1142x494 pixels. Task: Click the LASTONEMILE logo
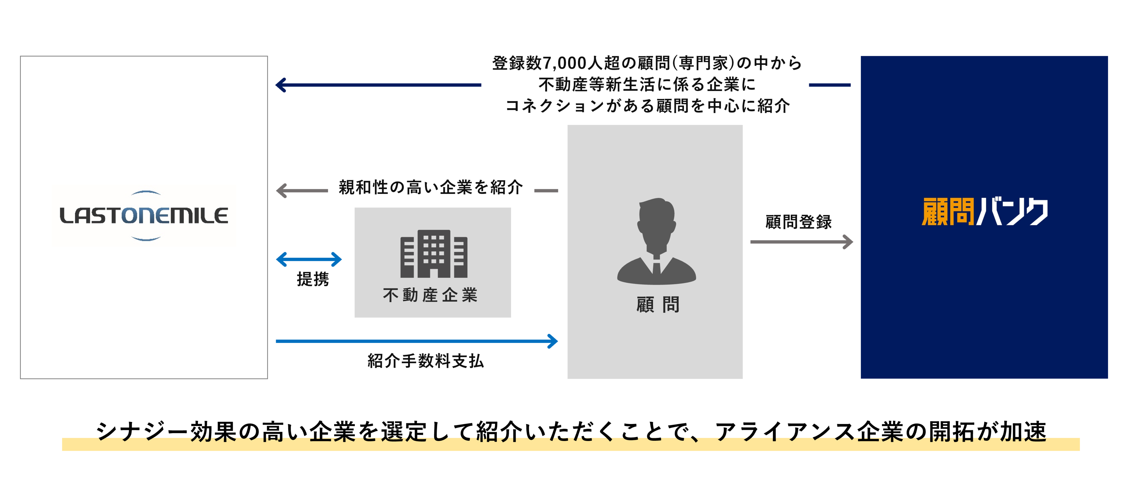click(x=144, y=216)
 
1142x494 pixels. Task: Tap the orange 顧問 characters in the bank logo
click(x=947, y=212)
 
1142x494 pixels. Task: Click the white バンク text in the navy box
click(x=1012, y=212)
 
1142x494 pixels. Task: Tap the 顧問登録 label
click(x=799, y=222)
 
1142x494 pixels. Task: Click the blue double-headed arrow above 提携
click(x=309, y=259)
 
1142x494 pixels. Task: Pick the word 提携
click(x=312, y=279)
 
